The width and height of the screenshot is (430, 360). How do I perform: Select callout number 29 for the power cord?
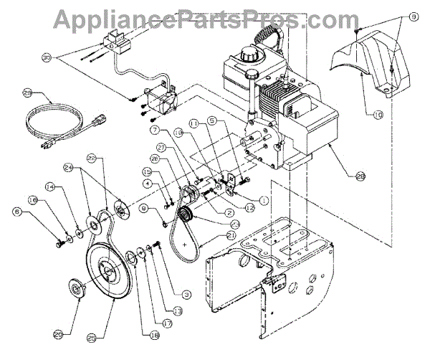pos(29,93)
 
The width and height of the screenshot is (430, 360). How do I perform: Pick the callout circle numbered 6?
pos(155,131)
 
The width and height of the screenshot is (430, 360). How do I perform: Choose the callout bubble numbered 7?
pos(155,131)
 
